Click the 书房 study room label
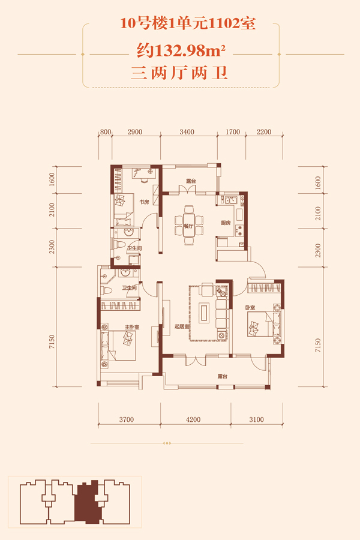(145, 202)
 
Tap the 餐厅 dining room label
(188, 226)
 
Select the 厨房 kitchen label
(226, 223)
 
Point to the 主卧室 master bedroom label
(132, 327)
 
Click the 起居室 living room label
(182, 326)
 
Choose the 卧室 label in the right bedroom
(250, 307)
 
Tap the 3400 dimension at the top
(187, 132)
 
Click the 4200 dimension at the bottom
(193, 419)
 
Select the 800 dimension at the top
(106, 132)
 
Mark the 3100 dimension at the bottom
(256, 419)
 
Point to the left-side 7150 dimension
(52, 341)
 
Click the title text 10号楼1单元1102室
(188, 24)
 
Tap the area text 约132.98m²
(181, 52)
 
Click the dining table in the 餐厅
(189, 226)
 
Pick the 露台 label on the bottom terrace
(223, 376)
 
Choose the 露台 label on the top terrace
(191, 181)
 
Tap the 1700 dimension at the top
(233, 132)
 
